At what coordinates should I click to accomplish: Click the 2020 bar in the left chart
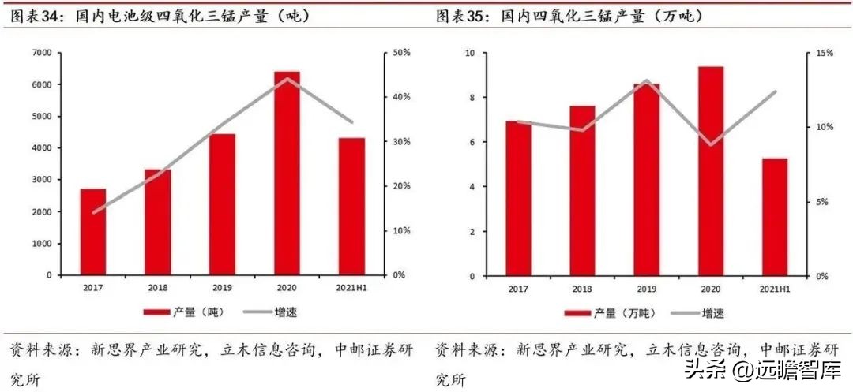click(287, 174)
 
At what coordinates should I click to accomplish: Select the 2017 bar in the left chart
click(92, 232)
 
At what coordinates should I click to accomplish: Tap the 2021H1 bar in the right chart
click(775, 217)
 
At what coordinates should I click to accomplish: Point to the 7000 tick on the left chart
click(42, 53)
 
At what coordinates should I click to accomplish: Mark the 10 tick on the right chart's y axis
click(469, 53)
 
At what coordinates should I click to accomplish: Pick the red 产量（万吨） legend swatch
click(580, 313)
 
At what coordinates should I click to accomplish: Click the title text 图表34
click(36, 16)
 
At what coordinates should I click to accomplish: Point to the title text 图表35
click(462, 16)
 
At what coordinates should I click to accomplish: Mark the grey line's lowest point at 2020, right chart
click(710, 144)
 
